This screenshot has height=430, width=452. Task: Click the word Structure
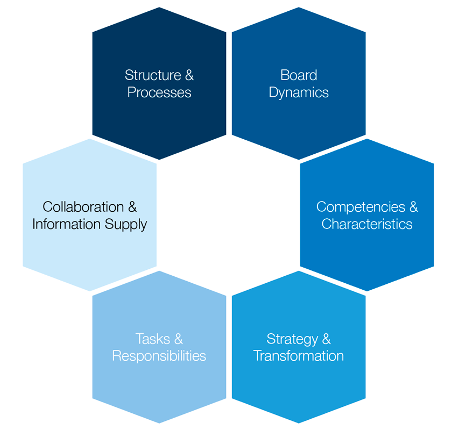(x=152, y=75)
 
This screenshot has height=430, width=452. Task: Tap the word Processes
(x=159, y=92)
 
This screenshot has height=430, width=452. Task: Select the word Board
(x=299, y=75)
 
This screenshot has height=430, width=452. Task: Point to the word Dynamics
(x=299, y=92)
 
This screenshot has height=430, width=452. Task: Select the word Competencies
(x=360, y=207)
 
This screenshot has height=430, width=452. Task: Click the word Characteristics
(x=367, y=224)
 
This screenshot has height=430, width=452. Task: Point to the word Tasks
(x=153, y=339)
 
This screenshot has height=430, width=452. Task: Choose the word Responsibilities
(x=159, y=356)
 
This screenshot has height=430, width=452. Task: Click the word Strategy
(x=292, y=339)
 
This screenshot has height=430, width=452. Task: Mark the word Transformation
(x=299, y=356)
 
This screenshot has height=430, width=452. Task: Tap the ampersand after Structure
(x=188, y=75)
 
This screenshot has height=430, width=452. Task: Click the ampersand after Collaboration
(x=132, y=207)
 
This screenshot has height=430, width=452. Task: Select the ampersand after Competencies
(x=413, y=207)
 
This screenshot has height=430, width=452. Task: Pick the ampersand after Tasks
(x=178, y=339)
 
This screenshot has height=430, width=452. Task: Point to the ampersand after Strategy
(x=326, y=339)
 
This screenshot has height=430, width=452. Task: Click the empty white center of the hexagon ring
(x=229, y=215)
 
